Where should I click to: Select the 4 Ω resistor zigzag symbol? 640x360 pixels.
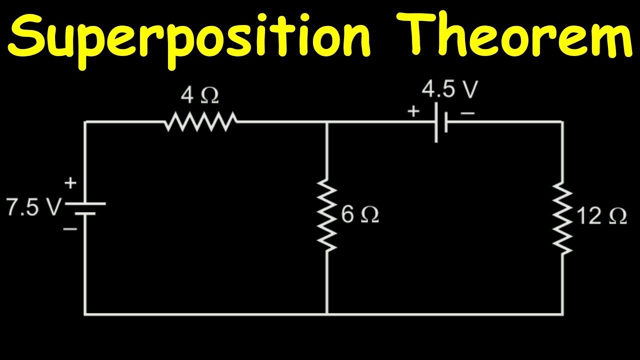click(x=200, y=121)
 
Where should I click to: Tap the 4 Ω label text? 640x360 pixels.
click(x=200, y=95)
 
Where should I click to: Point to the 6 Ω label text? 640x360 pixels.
click(x=360, y=215)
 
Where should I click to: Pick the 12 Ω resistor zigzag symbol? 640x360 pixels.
click(x=562, y=218)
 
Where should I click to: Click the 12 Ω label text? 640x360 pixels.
click(x=601, y=216)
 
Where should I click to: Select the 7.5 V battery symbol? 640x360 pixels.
click(x=85, y=208)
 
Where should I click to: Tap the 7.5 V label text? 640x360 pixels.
click(x=33, y=207)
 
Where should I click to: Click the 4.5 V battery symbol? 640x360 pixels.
click(x=440, y=122)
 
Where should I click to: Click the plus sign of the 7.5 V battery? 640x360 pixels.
click(x=70, y=183)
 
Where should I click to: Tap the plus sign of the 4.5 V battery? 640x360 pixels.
click(x=413, y=111)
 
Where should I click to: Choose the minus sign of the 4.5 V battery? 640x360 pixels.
click(x=467, y=113)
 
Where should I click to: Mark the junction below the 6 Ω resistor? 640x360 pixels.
click(x=327, y=313)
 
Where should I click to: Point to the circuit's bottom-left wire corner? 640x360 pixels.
click(x=85, y=313)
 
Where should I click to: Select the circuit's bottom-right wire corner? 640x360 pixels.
click(x=562, y=313)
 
